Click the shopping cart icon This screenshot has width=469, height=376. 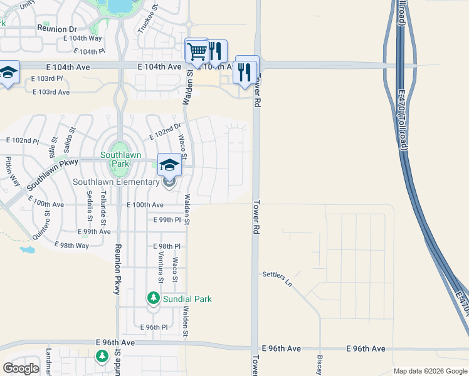[x=197, y=50]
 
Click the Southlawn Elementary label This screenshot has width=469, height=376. [x=116, y=182]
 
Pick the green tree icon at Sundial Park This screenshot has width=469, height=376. [x=153, y=297]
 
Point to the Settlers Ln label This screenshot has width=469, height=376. [x=277, y=275]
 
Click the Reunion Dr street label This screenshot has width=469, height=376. [x=56, y=29]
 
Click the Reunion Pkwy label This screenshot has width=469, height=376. [x=117, y=269]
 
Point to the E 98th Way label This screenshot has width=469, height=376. [x=71, y=245]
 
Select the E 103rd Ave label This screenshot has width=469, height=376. [x=51, y=91]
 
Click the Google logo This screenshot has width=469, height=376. [x=21, y=368]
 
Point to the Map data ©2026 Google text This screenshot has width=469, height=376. [x=429, y=371]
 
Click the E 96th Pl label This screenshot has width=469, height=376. [x=154, y=327]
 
